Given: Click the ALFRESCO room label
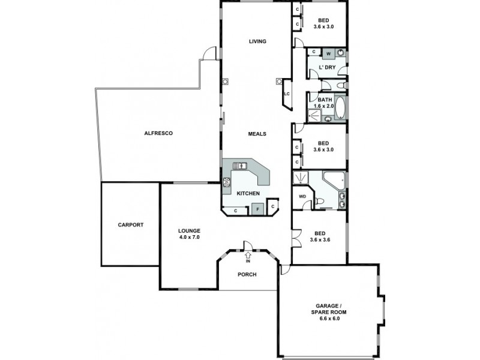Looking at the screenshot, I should coord(158,133).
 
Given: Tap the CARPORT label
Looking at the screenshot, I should coord(130,225).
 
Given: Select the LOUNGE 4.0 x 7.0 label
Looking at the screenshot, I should coord(189,234).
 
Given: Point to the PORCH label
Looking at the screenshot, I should coord(247,275).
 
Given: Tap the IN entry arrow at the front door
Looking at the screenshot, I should coord(247,257).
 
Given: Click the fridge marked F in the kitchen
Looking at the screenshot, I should coord(257,209).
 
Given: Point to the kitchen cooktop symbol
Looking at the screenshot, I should coord(227,182).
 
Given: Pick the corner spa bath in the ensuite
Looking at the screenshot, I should coord(333,179).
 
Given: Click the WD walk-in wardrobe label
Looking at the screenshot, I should coord(302,196).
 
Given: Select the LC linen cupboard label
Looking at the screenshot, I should coord(287,94).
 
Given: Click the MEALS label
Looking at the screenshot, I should coord(257,134).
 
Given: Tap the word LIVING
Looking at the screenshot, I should coord(257,41).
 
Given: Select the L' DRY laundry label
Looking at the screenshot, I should coord(327,68).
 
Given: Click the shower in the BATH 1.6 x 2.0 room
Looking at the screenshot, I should coord(314,113).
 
